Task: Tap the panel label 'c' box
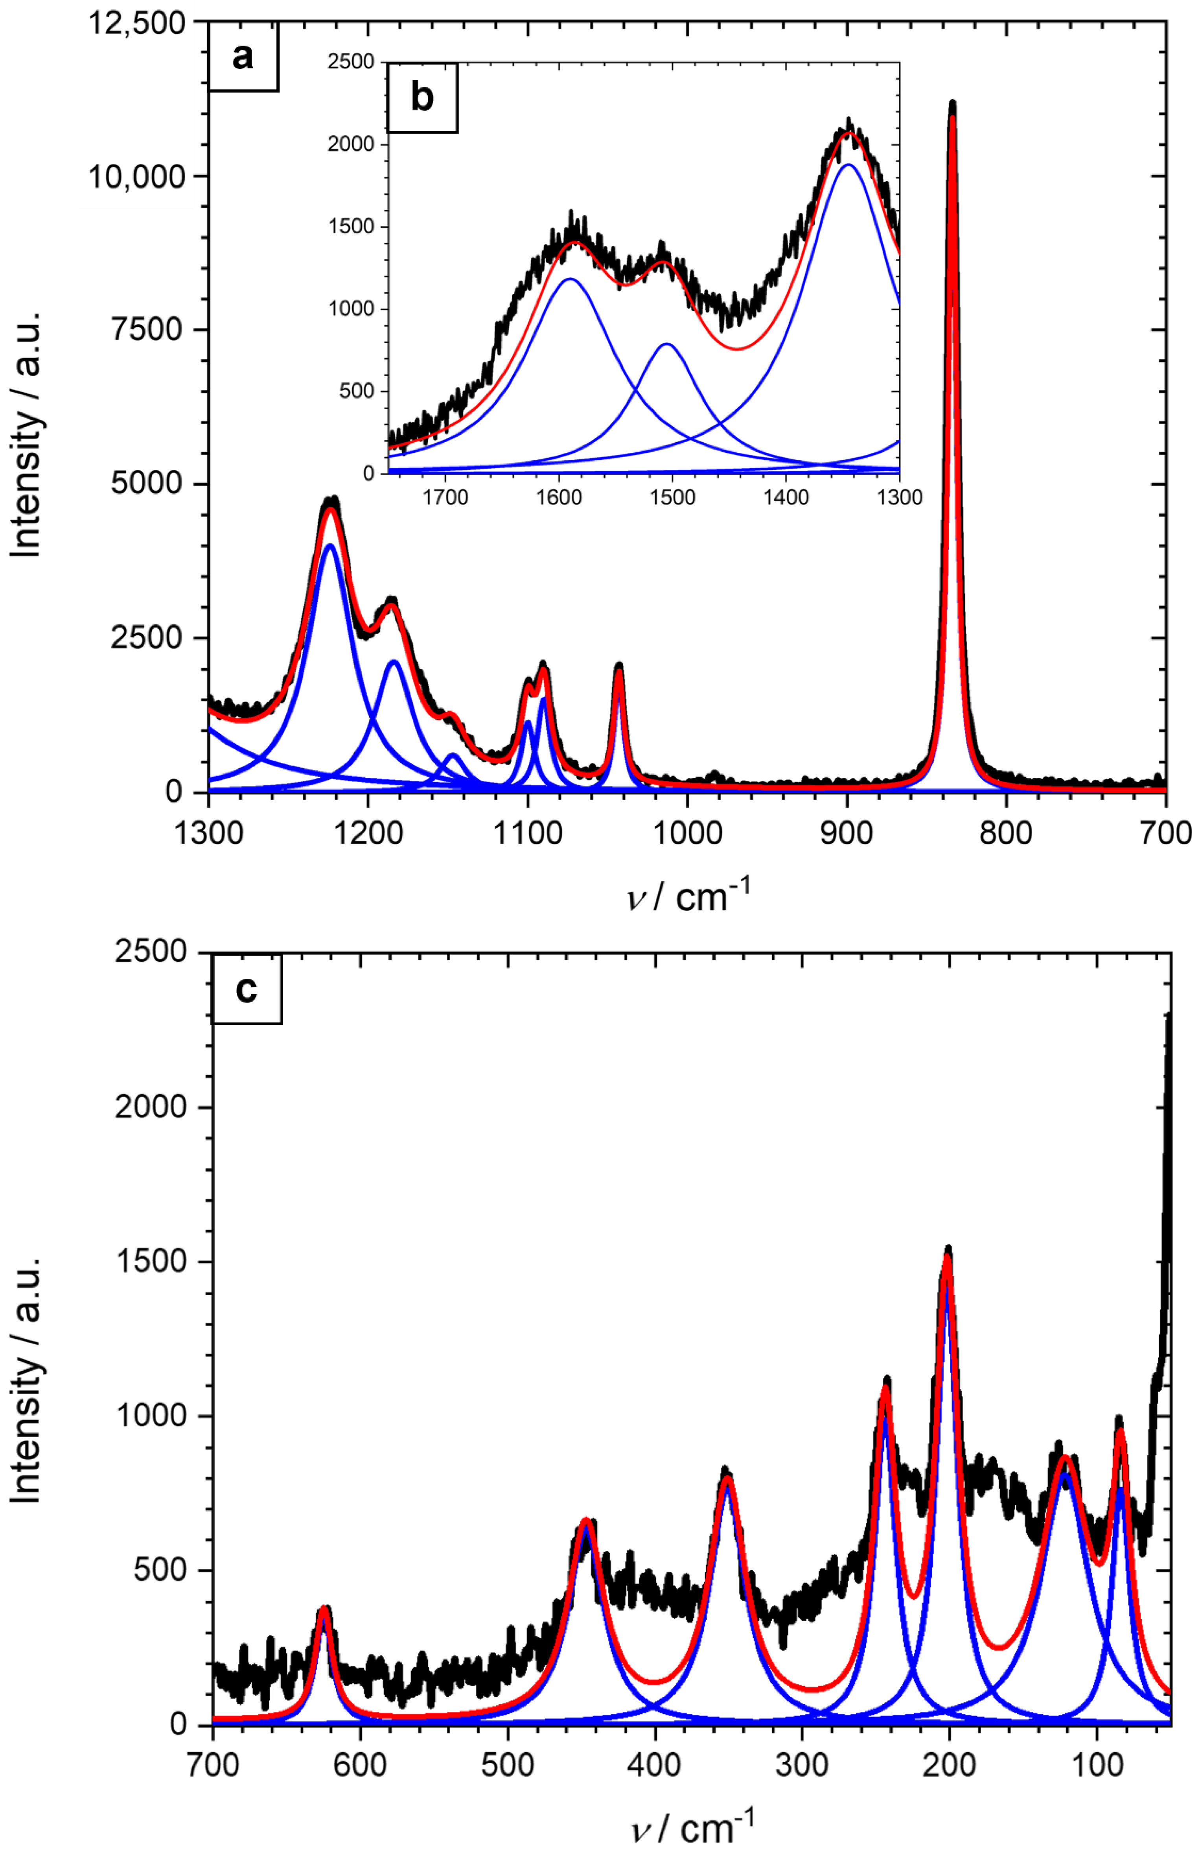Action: click(246, 989)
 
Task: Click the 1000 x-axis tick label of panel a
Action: click(688, 832)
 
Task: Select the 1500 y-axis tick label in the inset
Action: click(351, 227)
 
